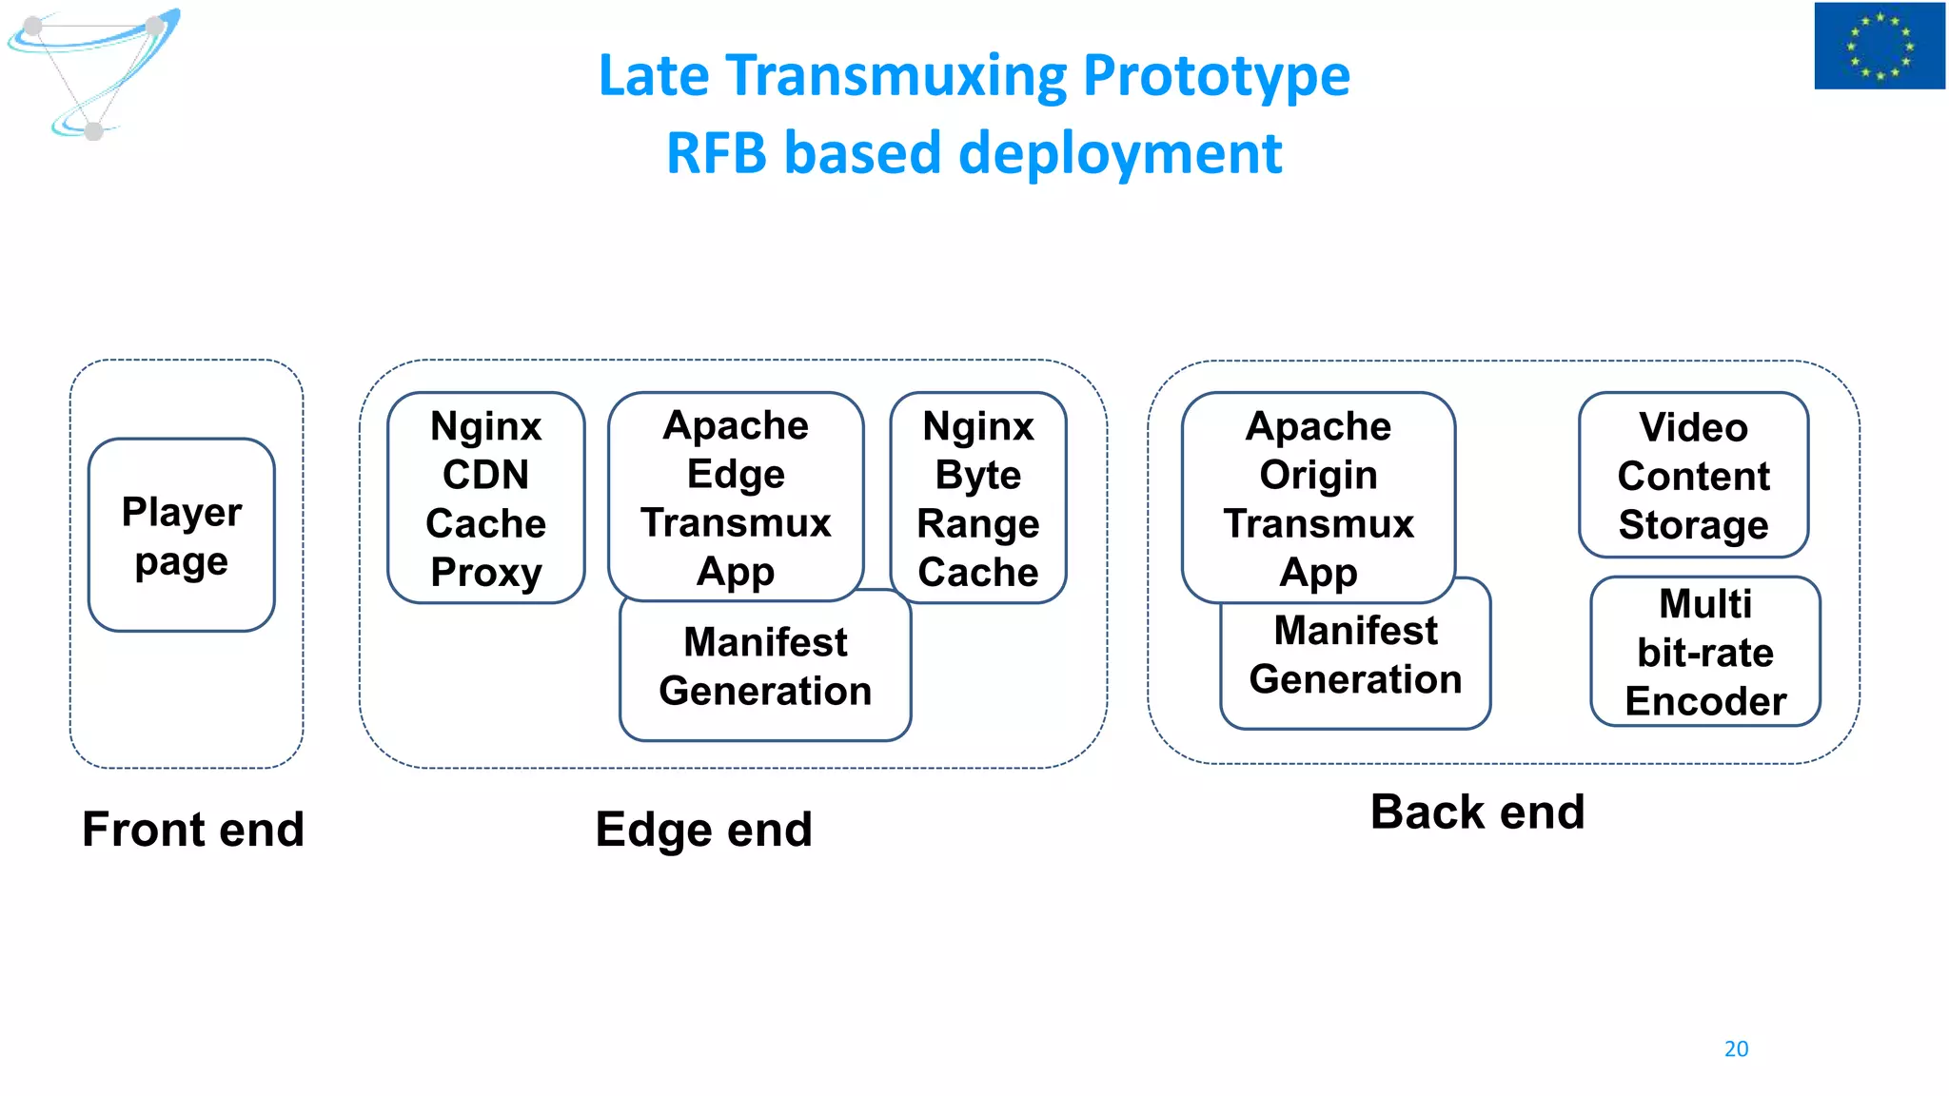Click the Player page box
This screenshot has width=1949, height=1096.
point(182,535)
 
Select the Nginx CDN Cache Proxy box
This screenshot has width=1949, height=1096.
point(485,498)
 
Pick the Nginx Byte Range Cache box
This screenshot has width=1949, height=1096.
point(977,498)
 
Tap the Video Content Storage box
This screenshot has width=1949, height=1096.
point(1693,475)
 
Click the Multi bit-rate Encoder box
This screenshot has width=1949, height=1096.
point(1704,652)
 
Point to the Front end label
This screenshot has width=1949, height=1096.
point(193,829)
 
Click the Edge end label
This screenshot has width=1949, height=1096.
point(703,829)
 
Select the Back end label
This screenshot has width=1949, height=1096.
point(1477,812)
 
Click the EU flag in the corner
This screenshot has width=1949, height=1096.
point(1879,46)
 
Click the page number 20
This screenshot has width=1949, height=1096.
point(1736,1048)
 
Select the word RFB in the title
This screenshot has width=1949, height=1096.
point(716,153)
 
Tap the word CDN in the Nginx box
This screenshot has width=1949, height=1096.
point(485,474)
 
